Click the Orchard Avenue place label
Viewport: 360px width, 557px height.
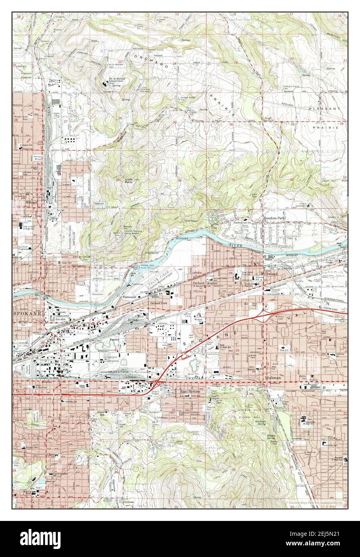pyautogui.click(x=206, y=283)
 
